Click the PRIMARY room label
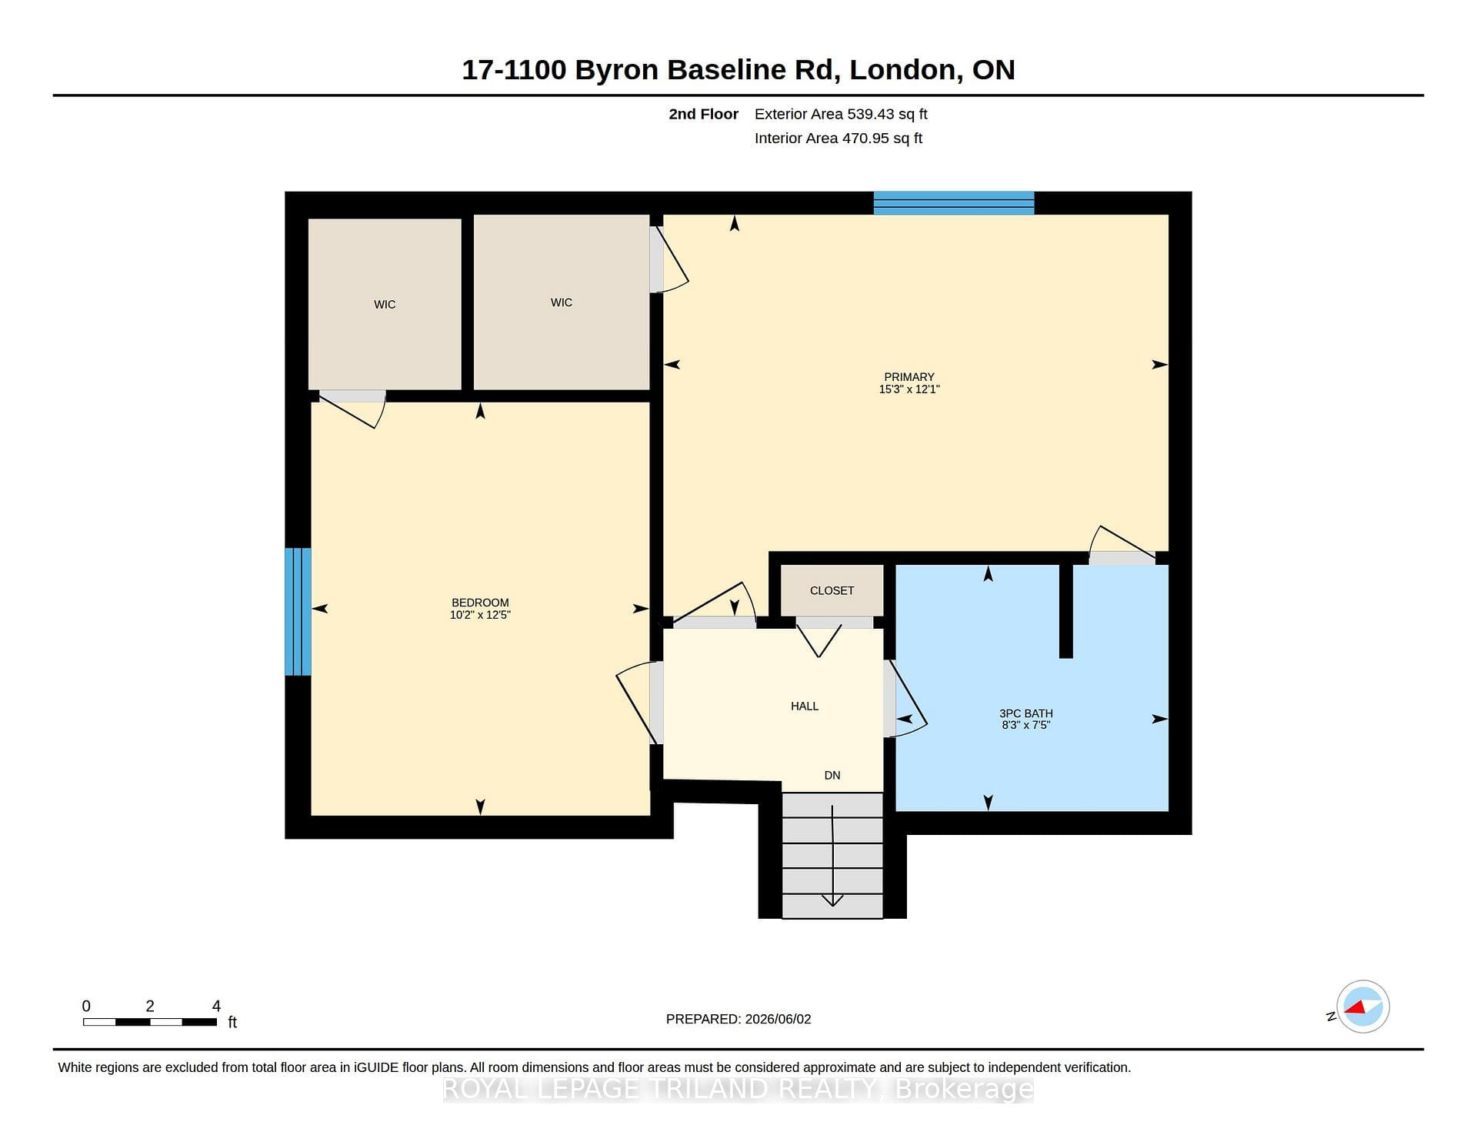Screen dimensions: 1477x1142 [909, 377]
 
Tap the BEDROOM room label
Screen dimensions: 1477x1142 [480, 603]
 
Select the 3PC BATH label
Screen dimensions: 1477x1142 [1026, 713]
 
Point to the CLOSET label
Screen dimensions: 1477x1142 [832, 590]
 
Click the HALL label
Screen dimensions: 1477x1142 [805, 706]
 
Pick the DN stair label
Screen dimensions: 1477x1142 [832, 775]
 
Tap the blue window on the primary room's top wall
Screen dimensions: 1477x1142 [954, 203]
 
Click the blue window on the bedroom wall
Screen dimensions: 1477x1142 [298, 612]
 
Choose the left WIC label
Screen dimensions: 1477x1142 [385, 305]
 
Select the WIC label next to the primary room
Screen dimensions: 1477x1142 [562, 302]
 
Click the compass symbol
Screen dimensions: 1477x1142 [1362, 1007]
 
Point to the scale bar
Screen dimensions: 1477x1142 [150, 1022]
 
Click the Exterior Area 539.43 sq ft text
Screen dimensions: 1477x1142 [841, 114]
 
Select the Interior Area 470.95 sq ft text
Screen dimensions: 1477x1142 [839, 139]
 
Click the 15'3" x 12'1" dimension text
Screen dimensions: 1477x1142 [909, 389]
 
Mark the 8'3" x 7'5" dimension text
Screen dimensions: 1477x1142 [1026, 725]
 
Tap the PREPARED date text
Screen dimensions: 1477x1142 [738, 1019]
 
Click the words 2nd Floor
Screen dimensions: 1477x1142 [703, 114]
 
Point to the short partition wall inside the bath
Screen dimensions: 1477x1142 [1066, 611]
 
